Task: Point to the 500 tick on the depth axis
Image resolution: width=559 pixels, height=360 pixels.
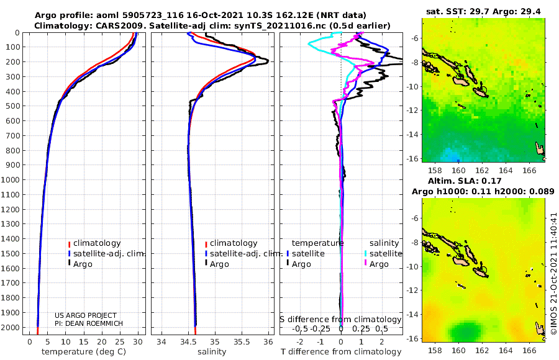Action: pos(12,106)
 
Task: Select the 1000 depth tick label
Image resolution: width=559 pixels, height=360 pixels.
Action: pos(11,179)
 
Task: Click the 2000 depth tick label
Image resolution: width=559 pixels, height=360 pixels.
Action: pos(11,327)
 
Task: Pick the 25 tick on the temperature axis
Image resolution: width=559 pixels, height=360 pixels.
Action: pos(120,341)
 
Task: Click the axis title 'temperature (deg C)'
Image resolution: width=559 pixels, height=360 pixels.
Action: pos(84,352)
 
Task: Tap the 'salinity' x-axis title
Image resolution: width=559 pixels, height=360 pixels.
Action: pos(212,352)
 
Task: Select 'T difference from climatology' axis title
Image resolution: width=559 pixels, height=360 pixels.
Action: pos(341,352)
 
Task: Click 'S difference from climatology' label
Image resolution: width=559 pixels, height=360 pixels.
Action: pos(340,319)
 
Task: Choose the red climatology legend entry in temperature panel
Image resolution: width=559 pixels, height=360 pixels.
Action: pos(94,243)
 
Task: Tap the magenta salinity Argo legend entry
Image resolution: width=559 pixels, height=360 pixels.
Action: pos(376,264)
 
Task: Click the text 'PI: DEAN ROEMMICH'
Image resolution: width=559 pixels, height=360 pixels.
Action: pos(89,323)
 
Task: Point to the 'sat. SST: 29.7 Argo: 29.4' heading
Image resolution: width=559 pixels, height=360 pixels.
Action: pos(483,12)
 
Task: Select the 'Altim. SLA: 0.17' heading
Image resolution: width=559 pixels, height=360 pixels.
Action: pos(465,181)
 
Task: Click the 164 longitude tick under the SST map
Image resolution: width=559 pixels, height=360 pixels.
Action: pos(506,170)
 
